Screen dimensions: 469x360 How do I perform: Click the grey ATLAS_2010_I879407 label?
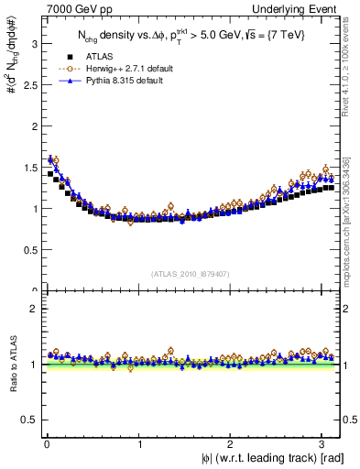[191, 272]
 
